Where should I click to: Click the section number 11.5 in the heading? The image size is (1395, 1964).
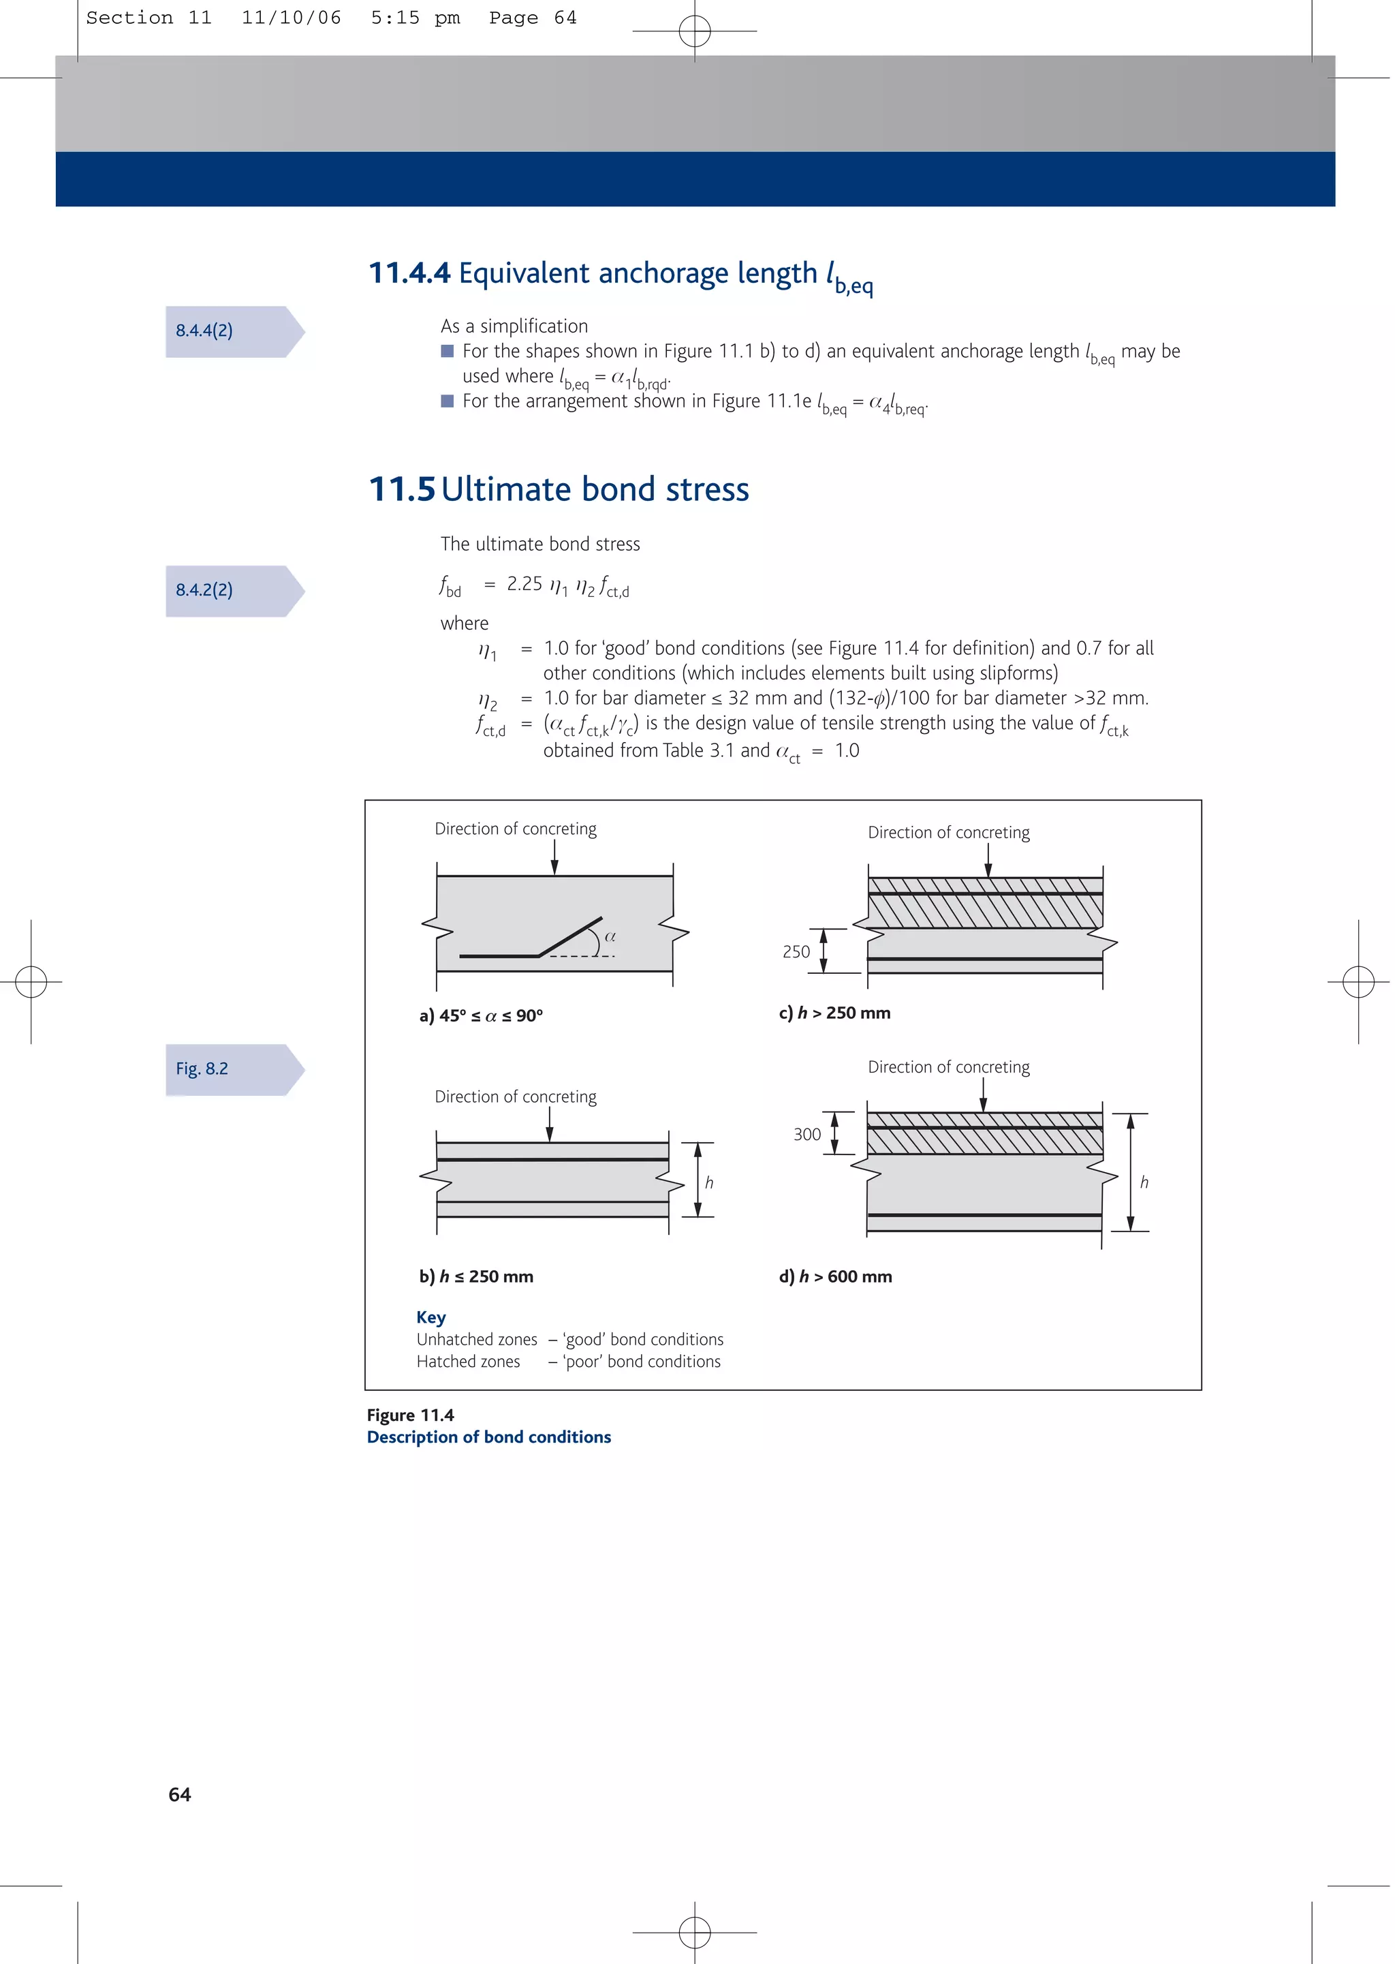(402, 490)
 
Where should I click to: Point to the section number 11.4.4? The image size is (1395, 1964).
(409, 273)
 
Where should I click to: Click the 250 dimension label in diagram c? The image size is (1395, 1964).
(796, 952)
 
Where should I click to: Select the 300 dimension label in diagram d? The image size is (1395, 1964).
(806, 1134)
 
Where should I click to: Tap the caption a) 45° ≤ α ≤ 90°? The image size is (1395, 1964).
(481, 1015)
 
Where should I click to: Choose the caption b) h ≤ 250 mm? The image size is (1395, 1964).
(476, 1276)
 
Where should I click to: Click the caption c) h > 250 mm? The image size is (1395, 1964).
(834, 1013)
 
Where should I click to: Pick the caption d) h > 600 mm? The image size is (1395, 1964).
(835, 1276)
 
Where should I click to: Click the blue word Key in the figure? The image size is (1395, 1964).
(430, 1317)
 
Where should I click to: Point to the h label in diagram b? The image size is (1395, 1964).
(710, 1183)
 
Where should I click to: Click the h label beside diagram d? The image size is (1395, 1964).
(1144, 1182)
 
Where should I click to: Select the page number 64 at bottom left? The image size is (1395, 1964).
(180, 1795)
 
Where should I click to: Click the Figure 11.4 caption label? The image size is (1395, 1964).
(411, 1415)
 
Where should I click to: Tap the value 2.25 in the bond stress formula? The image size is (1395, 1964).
(524, 584)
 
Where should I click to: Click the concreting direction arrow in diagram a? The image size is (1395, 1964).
(555, 857)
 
